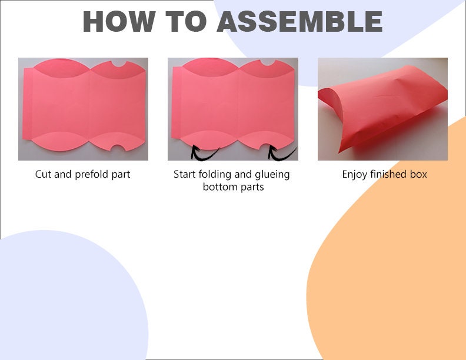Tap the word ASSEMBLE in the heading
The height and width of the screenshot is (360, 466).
299,21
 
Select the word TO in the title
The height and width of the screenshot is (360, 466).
186,21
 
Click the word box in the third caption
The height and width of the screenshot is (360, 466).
418,174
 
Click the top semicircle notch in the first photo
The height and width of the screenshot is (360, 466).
119,64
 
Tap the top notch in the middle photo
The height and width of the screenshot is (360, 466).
268,62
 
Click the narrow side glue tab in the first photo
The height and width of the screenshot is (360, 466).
27,104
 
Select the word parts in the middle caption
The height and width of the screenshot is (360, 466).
252,188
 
